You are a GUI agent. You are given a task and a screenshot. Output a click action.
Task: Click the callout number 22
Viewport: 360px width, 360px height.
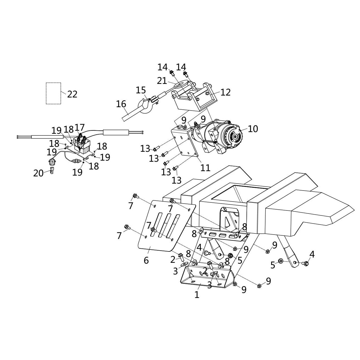[72, 94]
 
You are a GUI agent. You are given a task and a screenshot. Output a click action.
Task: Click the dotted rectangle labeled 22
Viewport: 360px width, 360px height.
[53, 93]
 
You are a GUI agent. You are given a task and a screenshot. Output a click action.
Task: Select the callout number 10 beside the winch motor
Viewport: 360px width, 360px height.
[253, 129]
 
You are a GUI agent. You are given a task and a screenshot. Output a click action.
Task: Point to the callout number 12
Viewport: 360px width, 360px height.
[225, 92]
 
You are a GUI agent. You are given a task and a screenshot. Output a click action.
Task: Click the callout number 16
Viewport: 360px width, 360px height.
[121, 104]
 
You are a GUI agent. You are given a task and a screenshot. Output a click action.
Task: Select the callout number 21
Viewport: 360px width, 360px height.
[162, 81]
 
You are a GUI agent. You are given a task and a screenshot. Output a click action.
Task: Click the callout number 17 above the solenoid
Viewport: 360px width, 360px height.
[79, 128]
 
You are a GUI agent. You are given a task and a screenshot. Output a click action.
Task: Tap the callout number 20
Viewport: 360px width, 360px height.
[38, 173]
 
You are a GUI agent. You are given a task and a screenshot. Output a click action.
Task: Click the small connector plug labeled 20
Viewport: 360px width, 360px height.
[52, 171]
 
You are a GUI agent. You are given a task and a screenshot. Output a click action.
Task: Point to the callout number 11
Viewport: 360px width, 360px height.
[205, 168]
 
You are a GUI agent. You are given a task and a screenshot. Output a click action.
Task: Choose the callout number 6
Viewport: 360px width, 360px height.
[146, 260]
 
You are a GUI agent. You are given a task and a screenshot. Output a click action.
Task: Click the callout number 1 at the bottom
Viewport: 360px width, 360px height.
[197, 295]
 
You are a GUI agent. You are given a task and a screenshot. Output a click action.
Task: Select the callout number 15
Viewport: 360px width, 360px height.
[141, 90]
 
